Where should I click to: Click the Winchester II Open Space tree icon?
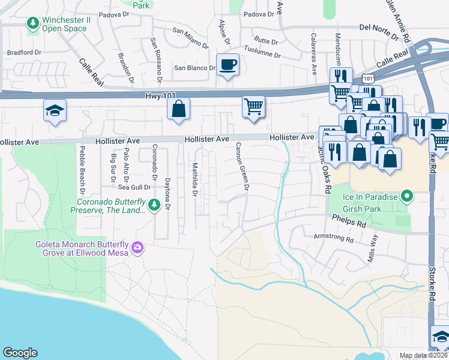tap(32, 24)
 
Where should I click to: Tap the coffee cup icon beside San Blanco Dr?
tap(228, 64)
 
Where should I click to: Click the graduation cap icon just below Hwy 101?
tap(54, 111)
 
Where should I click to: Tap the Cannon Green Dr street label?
tap(242, 167)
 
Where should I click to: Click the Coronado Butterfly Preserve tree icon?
tap(154, 206)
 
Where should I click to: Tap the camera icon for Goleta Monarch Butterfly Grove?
tap(137, 247)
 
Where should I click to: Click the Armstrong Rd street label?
tap(334, 238)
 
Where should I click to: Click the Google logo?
tap(20, 353)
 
